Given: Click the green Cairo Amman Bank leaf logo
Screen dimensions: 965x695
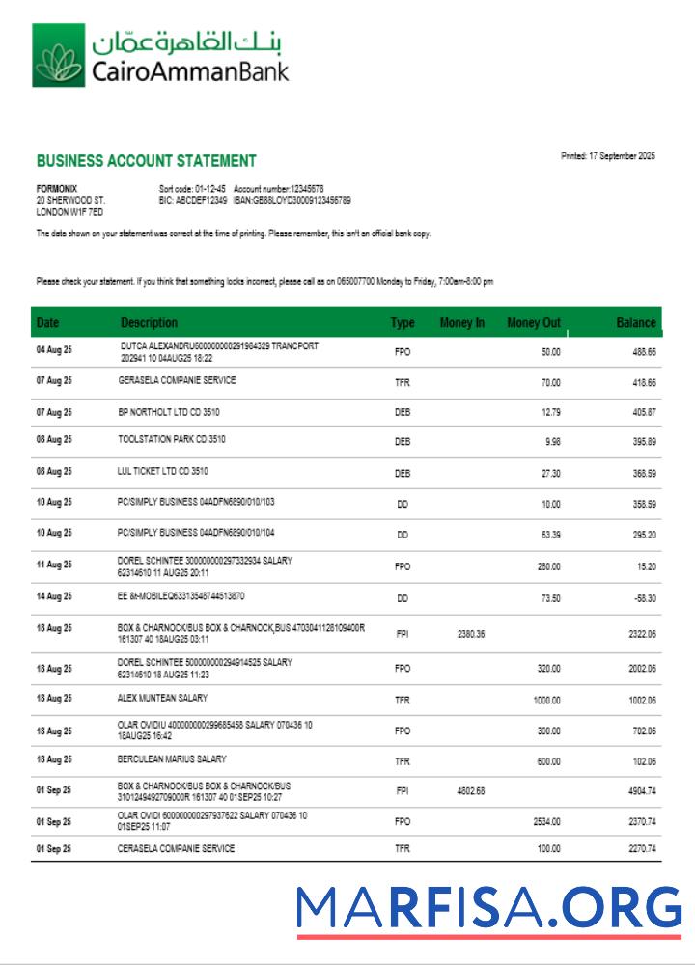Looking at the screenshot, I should tap(58, 56).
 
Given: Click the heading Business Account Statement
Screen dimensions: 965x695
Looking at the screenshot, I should tap(146, 161).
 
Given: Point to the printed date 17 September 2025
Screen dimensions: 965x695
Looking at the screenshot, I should tap(607, 156).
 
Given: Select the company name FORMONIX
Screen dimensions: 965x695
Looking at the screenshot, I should tap(56, 188).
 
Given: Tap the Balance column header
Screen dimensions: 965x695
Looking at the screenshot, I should tap(636, 323).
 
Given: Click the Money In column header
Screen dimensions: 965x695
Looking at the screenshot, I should tap(461, 323).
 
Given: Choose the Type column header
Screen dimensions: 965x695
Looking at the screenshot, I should tap(403, 323).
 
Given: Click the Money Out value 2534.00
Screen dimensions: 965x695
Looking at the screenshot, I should tap(546, 822).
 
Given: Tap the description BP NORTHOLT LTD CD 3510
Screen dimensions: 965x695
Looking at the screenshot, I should tap(169, 412).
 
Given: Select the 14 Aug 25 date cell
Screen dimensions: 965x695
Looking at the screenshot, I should tap(54, 598).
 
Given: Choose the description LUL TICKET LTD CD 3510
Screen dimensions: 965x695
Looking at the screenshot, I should tap(163, 472).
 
